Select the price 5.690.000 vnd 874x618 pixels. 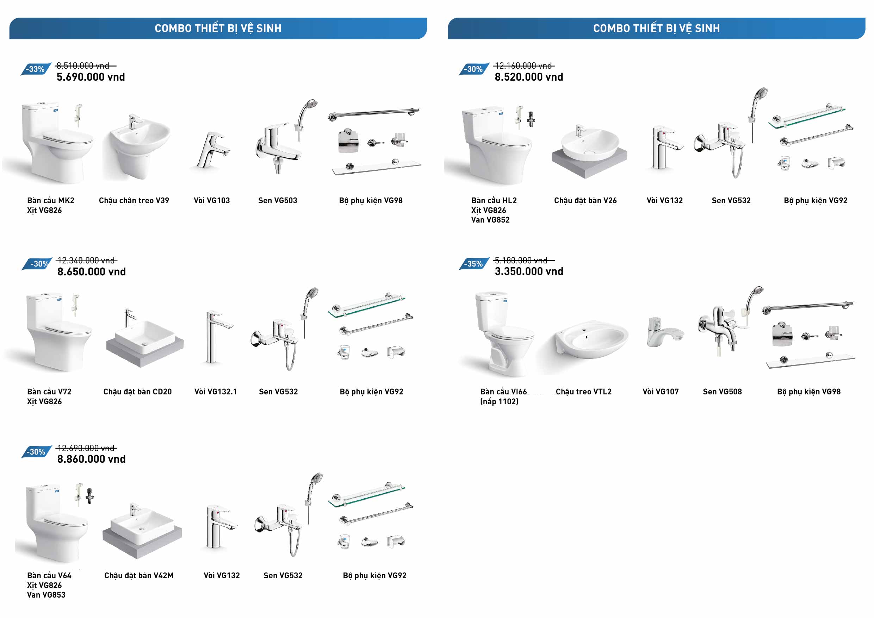point(91,77)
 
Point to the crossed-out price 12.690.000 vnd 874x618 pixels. point(86,448)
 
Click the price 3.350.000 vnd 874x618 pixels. point(529,271)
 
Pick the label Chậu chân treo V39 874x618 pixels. point(134,201)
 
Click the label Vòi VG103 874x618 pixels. point(212,201)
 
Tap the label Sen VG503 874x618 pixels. point(278,201)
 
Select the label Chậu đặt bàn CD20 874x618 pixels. point(137,392)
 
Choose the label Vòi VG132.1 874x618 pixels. point(216,392)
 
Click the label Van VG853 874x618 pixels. point(46,595)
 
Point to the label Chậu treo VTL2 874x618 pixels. point(584,392)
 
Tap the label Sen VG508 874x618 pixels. point(722,392)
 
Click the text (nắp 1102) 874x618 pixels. point(499,401)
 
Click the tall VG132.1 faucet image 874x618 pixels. point(215,337)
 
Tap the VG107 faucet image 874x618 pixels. point(664,333)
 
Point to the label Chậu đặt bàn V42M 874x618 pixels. point(139,575)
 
